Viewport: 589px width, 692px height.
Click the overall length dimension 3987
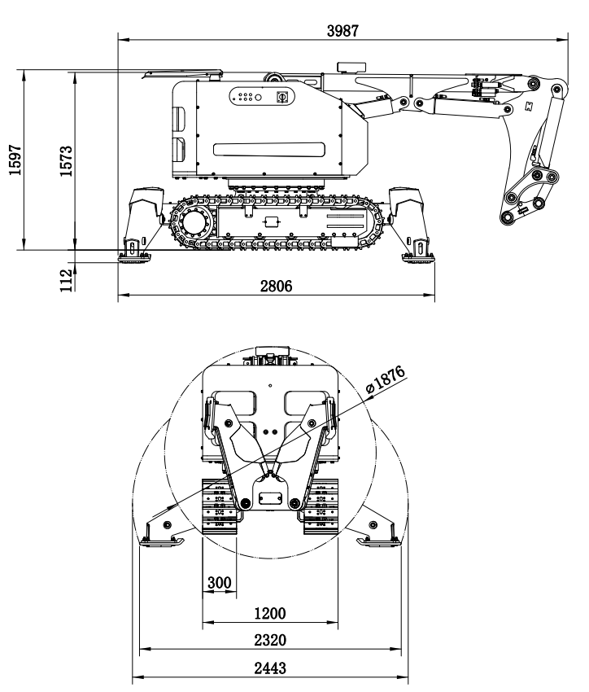point(342,30)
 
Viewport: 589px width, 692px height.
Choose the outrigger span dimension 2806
point(276,286)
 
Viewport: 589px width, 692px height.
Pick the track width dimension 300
point(218,583)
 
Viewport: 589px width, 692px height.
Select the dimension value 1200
point(269,612)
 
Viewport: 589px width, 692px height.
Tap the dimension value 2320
point(269,640)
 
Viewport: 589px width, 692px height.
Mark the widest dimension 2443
point(269,668)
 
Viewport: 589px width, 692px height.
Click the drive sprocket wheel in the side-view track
point(194,220)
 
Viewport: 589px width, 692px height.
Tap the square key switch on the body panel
point(283,97)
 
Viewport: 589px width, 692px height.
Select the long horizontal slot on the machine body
point(268,148)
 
